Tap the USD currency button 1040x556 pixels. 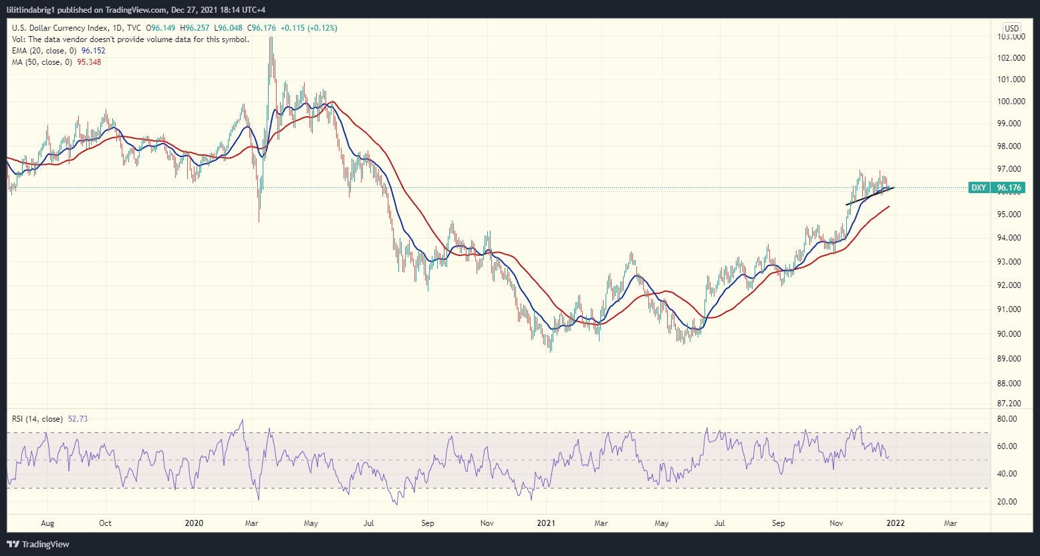pyautogui.click(x=1011, y=28)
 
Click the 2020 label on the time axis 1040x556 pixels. pyautogui.click(x=194, y=523)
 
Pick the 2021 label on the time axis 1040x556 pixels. pyautogui.click(x=547, y=523)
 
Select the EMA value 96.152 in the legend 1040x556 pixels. pyautogui.click(x=93, y=51)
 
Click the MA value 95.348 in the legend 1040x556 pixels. pyautogui.click(x=90, y=62)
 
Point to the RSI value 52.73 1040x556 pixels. pyautogui.click(x=78, y=419)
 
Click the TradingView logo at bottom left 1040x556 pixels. pyautogui.click(x=39, y=544)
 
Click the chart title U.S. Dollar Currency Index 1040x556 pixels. pyautogui.click(x=61, y=28)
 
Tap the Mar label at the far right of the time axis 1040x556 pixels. pyautogui.click(x=950, y=523)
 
